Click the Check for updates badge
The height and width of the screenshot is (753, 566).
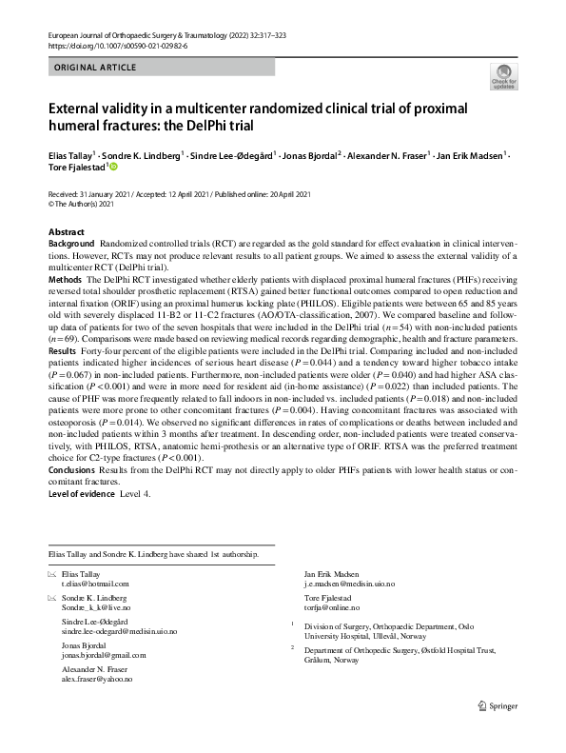503,77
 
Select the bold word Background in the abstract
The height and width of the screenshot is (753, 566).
71,245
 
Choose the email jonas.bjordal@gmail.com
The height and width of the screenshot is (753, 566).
104,655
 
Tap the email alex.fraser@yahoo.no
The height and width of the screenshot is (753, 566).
97,679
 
